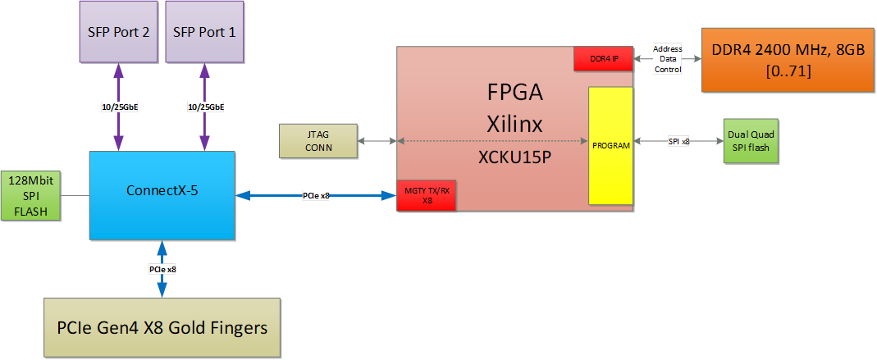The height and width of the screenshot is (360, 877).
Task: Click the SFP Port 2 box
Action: coord(117,32)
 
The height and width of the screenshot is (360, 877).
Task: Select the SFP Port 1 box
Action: coord(204,32)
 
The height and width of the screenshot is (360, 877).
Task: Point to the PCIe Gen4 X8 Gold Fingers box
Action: coord(162,329)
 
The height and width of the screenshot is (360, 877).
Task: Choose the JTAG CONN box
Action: coord(318,142)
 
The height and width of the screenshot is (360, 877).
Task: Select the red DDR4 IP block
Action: coord(603,58)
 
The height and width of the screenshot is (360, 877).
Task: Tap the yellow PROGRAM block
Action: coord(610,145)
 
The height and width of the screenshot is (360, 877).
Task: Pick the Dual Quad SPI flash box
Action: coord(750,140)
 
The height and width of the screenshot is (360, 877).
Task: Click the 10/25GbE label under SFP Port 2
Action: coord(118,107)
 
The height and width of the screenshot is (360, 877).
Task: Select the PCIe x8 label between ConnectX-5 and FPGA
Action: coord(316,196)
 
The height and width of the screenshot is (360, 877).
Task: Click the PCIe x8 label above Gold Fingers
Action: coord(162,269)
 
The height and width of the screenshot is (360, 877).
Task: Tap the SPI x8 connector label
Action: coord(678,142)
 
